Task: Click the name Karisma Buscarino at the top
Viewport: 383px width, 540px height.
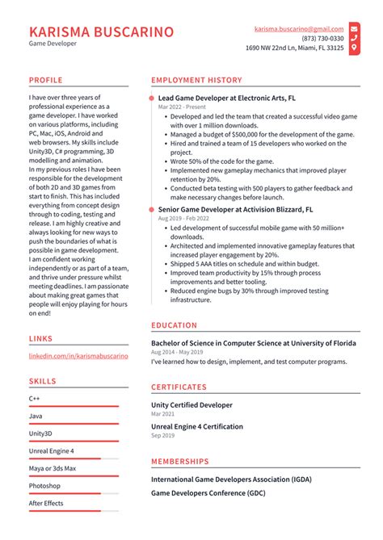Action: (101, 32)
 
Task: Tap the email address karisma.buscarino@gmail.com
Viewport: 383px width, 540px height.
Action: (299, 28)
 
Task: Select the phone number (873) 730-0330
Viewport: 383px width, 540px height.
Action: (322, 38)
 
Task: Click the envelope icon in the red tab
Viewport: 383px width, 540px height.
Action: (354, 28)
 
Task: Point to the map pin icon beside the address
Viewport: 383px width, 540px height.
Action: (354, 48)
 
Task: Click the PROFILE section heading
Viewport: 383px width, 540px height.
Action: (46, 81)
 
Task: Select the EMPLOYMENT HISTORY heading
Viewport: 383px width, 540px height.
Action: (196, 81)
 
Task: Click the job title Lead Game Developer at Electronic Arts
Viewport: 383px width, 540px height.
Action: (227, 97)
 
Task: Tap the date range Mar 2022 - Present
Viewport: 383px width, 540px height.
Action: (182, 107)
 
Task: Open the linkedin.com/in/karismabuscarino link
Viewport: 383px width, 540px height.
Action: (78, 355)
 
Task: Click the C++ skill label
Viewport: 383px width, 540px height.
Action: (35, 399)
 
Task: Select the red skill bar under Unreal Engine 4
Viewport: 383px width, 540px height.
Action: (65, 458)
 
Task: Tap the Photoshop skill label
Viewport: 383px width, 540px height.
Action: (44, 486)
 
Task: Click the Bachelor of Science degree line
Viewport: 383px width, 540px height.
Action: (253, 342)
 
